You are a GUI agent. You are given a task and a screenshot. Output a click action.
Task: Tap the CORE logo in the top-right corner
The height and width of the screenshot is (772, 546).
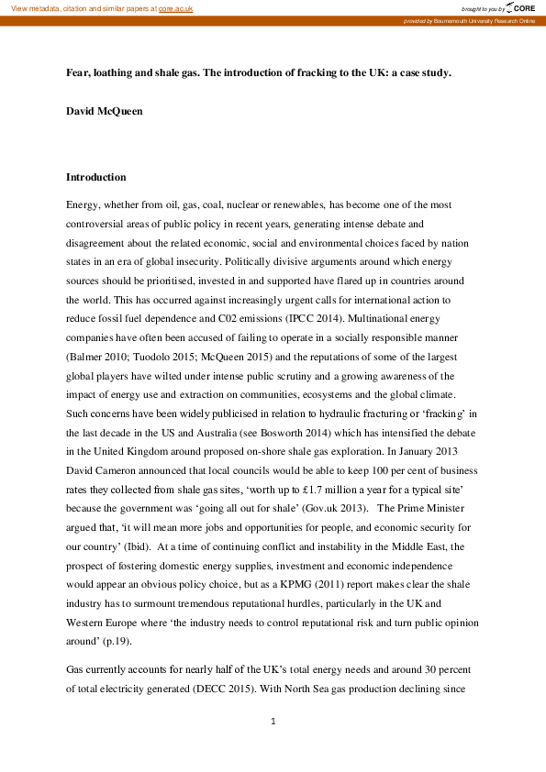click(518, 7)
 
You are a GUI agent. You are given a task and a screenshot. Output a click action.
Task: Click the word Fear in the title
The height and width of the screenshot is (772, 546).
click(78, 72)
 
